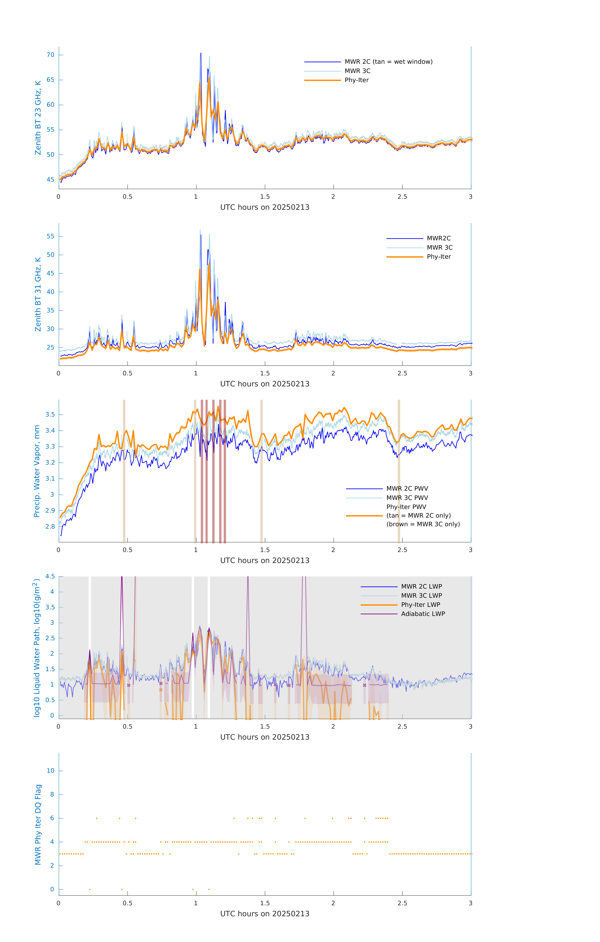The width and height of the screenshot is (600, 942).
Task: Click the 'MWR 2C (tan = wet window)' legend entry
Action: click(388, 62)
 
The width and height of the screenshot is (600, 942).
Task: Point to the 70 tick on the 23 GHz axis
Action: click(50, 55)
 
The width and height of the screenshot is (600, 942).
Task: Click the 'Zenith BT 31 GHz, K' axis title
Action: click(38, 294)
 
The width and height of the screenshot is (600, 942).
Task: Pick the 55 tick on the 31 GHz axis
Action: click(50, 236)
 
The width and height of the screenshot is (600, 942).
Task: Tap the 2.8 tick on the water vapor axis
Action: click(50, 527)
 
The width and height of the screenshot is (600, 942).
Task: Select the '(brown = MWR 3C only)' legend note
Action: click(423, 524)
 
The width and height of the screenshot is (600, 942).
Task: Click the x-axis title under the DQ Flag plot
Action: click(265, 914)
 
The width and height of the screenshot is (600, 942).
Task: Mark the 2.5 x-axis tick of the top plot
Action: click(402, 197)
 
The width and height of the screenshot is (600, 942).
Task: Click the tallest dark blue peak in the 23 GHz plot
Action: click(201, 54)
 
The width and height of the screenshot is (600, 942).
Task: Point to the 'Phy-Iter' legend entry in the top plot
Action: click(357, 80)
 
